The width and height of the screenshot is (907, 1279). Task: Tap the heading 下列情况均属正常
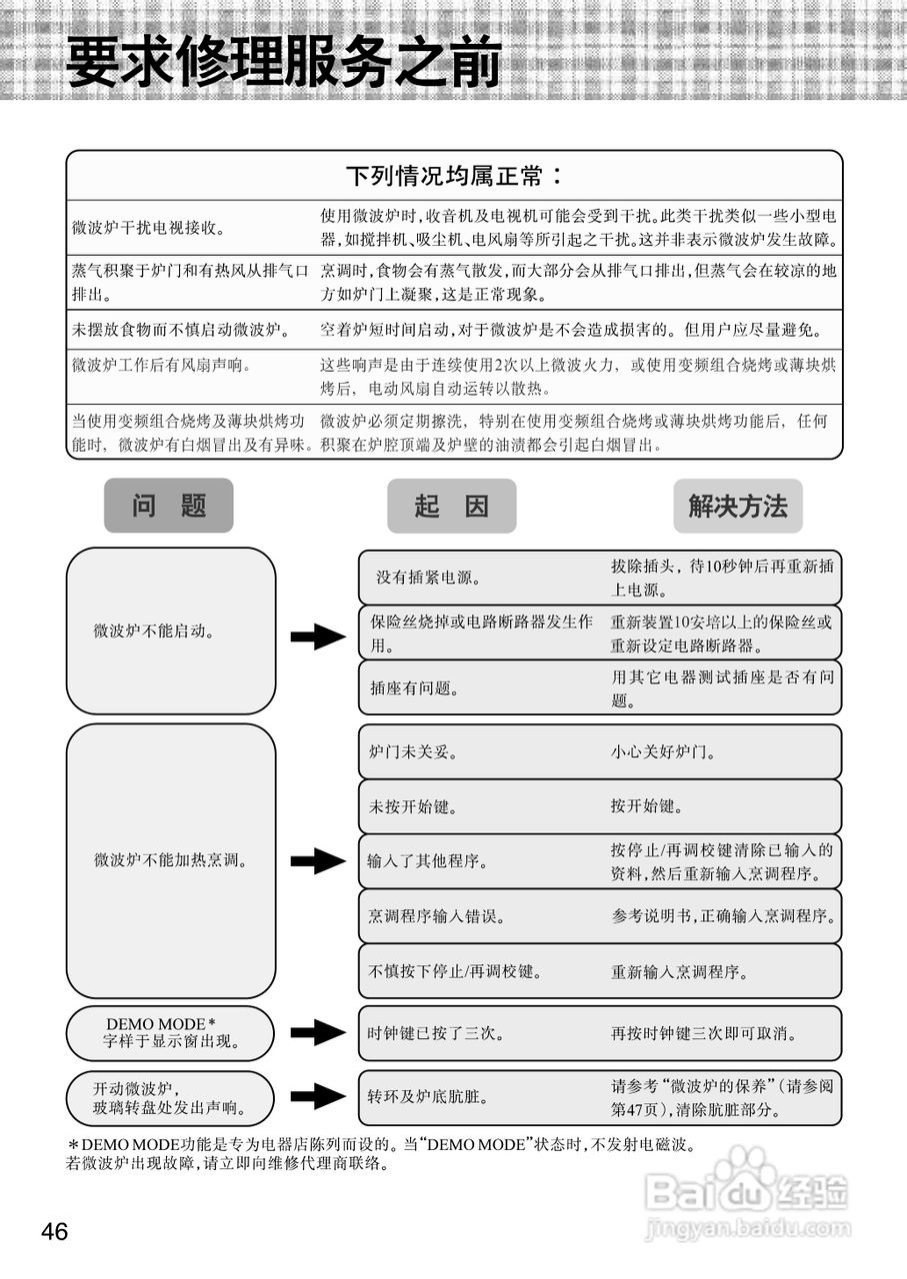pos(453,177)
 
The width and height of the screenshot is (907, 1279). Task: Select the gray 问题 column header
pos(168,506)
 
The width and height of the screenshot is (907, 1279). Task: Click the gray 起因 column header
pos(452,506)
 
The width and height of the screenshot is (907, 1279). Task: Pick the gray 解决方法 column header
pos(738,506)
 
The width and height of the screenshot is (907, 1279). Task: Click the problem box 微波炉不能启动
pos(170,631)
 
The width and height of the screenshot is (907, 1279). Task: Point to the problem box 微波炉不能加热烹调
pos(170,859)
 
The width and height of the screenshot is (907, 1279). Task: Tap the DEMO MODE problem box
pos(170,1033)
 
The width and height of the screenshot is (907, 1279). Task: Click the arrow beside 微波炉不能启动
pos(317,636)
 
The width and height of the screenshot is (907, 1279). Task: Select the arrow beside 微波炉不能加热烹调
pos(317,860)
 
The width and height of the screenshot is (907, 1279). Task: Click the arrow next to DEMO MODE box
pos(317,1033)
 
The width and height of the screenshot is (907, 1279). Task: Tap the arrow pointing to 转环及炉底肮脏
pos(317,1096)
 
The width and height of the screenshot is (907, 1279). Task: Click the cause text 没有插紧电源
pos(429,578)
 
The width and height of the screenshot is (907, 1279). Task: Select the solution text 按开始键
pos(647,806)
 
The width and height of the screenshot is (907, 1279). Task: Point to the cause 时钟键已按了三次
pos(436,1033)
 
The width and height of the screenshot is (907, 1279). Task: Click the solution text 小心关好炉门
pos(663,751)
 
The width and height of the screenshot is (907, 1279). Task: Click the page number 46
pos(55,1232)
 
